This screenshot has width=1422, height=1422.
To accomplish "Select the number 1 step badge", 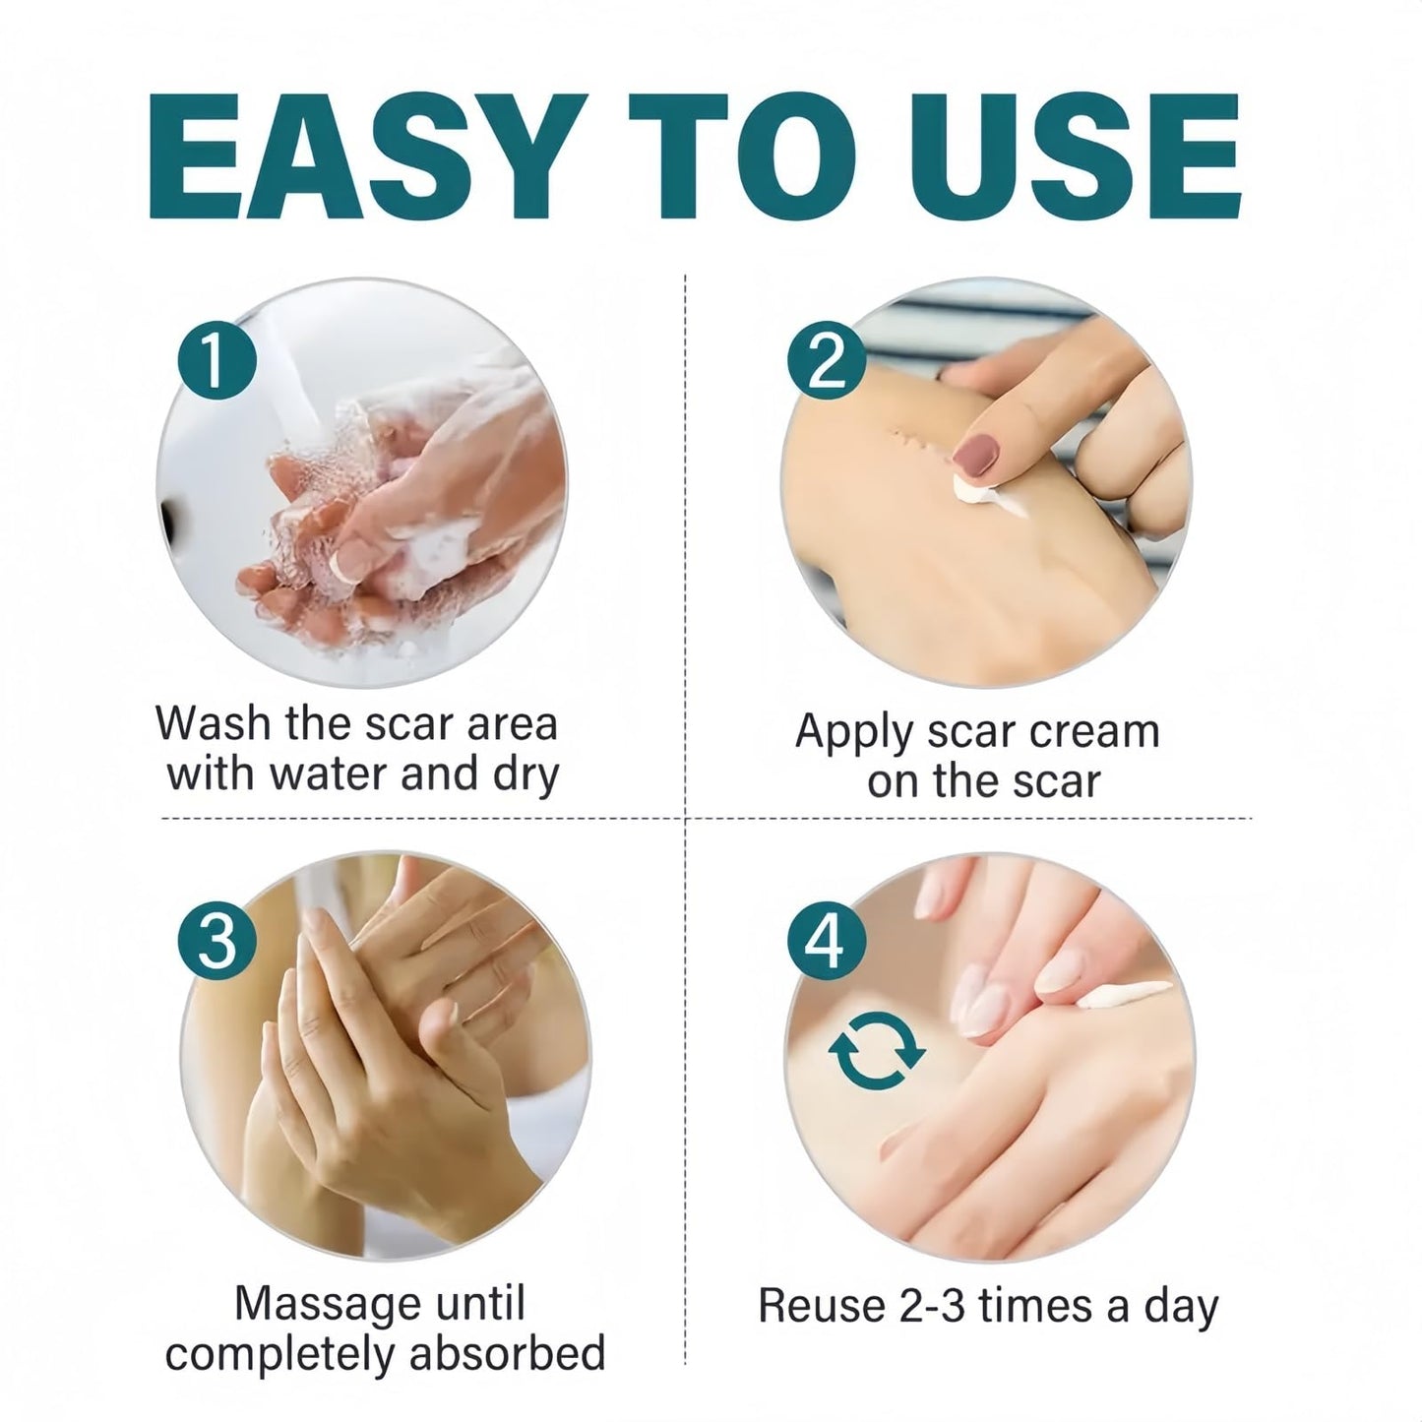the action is click(x=216, y=359).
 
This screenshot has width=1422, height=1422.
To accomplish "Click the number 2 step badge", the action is click(x=827, y=359).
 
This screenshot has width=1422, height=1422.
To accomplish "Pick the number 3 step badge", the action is click(x=216, y=940).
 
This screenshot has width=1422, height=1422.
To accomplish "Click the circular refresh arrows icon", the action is click(x=878, y=1051).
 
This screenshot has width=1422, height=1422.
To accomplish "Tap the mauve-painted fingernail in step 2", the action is click(x=975, y=454).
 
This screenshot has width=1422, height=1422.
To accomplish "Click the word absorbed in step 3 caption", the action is click(x=508, y=1354).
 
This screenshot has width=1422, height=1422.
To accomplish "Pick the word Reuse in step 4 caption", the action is click(x=822, y=1306).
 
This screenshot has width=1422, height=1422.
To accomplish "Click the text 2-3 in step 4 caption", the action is click(x=934, y=1306).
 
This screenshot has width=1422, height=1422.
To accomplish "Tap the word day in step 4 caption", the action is click(x=1182, y=1308).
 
